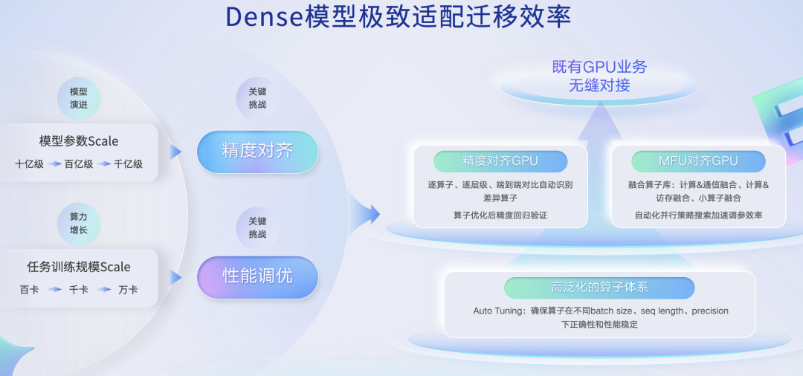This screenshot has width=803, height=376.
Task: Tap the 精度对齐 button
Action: [257, 151]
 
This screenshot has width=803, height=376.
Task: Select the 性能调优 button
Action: [257, 276]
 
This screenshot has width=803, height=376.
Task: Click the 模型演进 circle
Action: [79, 98]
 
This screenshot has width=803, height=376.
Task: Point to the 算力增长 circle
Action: [79, 223]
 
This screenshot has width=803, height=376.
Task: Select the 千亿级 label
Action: [128, 164]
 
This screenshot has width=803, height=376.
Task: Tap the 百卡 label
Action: [30, 290]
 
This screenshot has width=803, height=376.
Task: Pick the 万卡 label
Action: [128, 290]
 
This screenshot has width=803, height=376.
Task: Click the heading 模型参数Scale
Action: [79, 141]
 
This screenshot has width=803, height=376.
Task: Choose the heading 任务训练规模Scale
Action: [79, 267]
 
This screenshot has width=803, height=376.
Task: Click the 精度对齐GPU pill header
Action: [500, 161]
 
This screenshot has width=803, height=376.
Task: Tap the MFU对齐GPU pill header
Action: [698, 161]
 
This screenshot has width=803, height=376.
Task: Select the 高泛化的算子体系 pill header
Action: [599, 288]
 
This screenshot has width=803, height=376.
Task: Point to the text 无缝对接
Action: [599, 85]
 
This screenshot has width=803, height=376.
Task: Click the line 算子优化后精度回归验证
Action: [500, 215]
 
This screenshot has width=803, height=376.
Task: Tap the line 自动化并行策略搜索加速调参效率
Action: [698, 215]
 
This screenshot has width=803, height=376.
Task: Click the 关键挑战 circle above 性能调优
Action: [257, 227]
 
